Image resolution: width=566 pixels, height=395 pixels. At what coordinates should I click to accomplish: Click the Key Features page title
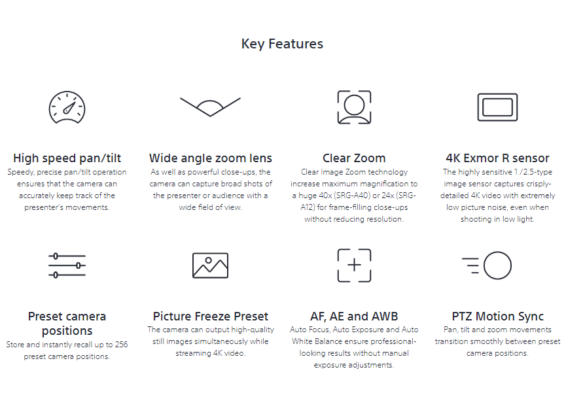282,44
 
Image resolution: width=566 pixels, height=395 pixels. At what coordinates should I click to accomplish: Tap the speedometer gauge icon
67,107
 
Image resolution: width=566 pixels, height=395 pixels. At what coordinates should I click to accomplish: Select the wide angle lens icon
210,107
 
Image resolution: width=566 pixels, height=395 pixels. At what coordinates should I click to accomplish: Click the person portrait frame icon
354,107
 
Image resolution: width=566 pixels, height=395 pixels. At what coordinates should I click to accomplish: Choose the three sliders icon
67,266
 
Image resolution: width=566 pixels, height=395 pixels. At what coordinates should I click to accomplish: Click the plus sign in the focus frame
354,265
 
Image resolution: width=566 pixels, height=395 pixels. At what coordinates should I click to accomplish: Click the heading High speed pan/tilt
67,158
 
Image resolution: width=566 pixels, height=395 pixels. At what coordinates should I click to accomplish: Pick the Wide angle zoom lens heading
211,158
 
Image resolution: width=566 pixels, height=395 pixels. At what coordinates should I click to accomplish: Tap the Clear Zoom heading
354,158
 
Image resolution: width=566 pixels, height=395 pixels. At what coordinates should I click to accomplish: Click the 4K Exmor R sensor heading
497,158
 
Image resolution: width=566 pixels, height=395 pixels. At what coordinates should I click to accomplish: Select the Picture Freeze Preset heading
211,317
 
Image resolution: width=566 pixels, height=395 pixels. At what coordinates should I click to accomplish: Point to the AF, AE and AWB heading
354,317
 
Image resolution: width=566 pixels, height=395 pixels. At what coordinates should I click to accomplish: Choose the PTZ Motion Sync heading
497,317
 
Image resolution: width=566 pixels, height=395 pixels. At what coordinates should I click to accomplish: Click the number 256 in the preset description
121,345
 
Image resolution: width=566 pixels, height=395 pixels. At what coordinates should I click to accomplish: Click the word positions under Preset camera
67,331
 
